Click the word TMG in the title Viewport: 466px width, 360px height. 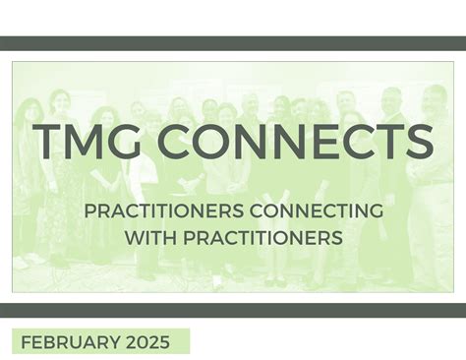84,141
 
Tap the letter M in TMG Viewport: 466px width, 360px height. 84,141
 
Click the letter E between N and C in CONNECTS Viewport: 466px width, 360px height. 313,141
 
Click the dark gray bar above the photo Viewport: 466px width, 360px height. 233,43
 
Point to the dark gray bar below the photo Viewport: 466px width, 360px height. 233,310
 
